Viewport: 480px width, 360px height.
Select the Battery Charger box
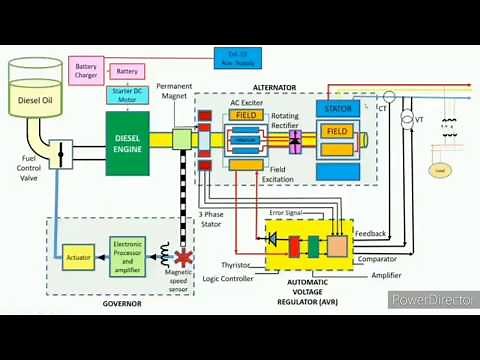tap(86, 72)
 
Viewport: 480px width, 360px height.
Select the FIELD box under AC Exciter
tap(246, 116)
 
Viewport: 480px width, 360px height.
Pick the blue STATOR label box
tap(337, 107)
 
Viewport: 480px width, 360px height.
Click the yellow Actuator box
tap(78, 255)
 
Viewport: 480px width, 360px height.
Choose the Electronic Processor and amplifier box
tap(129, 255)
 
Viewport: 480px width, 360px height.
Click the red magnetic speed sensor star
tap(182, 256)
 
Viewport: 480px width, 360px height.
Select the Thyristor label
tap(235, 265)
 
